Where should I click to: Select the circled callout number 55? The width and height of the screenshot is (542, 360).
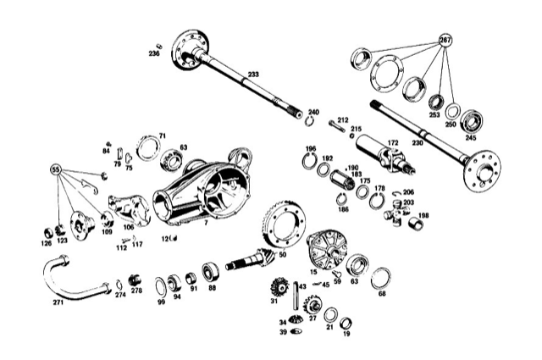tap(57, 169)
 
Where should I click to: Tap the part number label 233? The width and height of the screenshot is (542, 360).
tap(254, 75)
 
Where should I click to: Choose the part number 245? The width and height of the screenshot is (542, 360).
tap(470, 138)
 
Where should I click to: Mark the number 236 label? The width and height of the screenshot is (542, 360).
tap(153, 53)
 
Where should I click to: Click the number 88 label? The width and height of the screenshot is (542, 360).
tap(212, 288)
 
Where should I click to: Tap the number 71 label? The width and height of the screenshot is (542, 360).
tap(163, 136)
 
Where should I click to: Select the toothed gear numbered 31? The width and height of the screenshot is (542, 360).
tap(277, 288)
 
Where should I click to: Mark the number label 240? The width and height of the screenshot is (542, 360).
tap(313, 113)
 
